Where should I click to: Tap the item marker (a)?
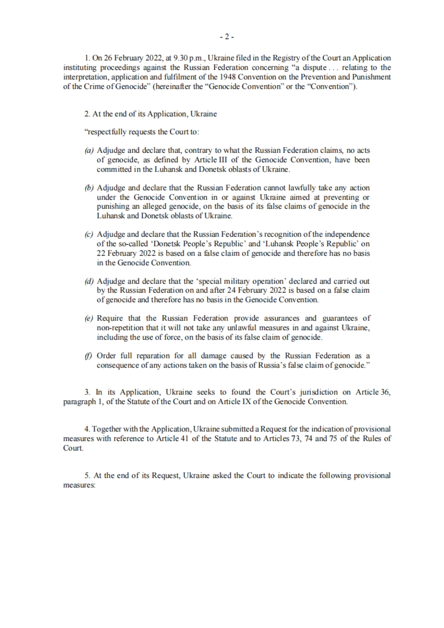tap(89, 151)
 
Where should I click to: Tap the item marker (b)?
tap(89, 188)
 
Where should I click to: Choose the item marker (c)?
tap(89, 234)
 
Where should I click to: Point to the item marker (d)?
tap(89, 281)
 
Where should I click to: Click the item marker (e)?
tap(89, 318)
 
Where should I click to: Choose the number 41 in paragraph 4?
tap(183, 439)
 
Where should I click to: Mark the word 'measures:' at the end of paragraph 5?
tap(80, 485)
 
